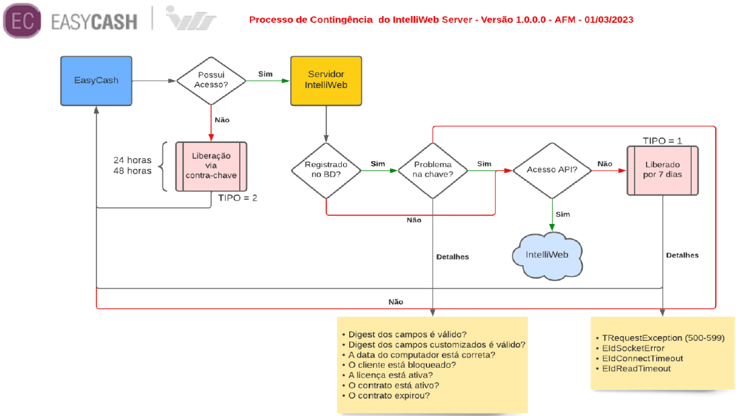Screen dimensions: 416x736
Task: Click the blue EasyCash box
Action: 96,81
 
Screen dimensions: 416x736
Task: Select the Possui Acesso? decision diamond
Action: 212,81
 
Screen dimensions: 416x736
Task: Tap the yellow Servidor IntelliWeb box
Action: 326,81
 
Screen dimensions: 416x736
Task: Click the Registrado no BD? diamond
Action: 326,170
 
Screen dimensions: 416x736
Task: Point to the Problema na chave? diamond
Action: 432,170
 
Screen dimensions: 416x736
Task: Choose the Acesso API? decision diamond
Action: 552,170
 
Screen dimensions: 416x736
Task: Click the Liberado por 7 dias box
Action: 663,169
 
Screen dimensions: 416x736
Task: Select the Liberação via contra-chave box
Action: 212,166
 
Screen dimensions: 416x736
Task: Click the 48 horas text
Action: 132,171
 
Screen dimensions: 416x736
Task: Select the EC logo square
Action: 21,20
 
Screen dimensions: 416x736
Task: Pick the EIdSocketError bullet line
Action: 633,348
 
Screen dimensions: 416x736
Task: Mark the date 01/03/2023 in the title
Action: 605,19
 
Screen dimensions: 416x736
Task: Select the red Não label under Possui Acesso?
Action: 222,120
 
